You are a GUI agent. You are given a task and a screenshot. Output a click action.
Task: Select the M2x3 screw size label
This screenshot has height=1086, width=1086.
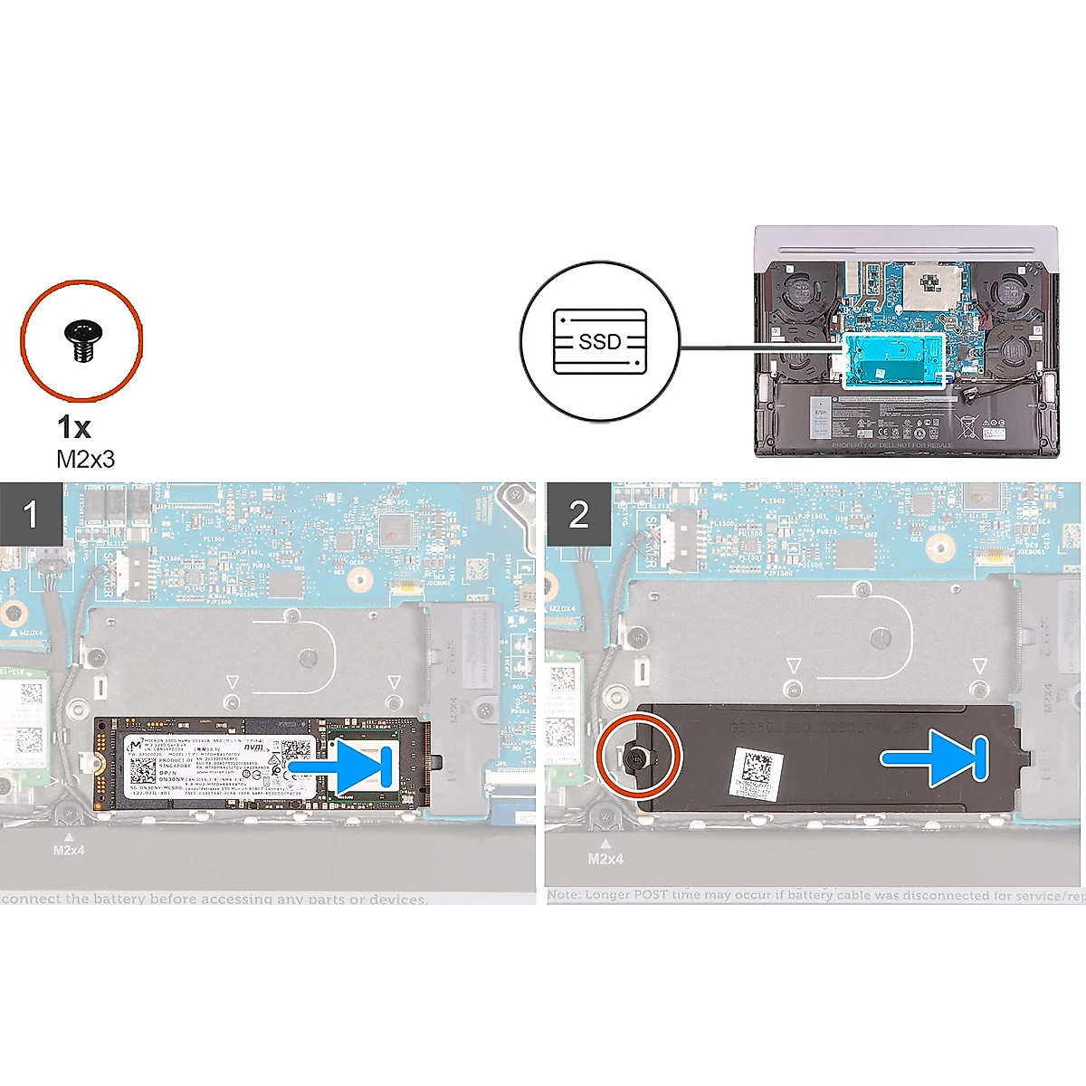(x=86, y=459)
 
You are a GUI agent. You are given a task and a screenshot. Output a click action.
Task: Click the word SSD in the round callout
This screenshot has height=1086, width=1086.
(x=600, y=341)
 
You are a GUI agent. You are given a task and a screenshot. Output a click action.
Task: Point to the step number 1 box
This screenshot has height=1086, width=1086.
(x=31, y=513)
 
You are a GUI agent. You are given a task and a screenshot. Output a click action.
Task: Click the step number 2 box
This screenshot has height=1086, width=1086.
(x=578, y=513)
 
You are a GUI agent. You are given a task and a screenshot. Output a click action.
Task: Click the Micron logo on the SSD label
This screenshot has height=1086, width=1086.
(x=136, y=746)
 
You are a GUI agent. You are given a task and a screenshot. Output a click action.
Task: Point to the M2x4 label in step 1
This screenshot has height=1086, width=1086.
(x=69, y=850)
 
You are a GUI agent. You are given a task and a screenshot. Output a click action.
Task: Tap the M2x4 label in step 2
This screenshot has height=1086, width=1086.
(x=605, y=857)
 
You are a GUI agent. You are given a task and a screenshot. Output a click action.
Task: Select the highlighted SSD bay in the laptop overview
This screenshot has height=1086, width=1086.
(x=892, y=359)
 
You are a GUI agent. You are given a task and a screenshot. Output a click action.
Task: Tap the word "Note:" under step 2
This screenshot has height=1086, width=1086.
(x=564, y=896)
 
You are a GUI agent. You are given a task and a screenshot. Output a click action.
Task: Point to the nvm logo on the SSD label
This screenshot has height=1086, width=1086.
(x=257, y=748)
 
